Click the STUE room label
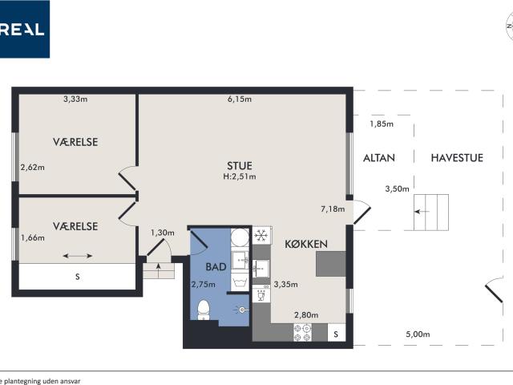240,166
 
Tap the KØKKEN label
306,244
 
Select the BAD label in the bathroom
216,267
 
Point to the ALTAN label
379,158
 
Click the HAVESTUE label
457,158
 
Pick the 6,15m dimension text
240,99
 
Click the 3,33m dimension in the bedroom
75,99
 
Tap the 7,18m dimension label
333,209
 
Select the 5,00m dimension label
418,334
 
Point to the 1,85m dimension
382,124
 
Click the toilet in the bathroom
204,310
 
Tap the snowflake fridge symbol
261,235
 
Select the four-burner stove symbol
303,333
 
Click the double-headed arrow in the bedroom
78,256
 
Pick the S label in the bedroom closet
78,277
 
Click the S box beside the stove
337,333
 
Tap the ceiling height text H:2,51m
240,176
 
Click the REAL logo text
22,30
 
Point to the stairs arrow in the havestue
422,212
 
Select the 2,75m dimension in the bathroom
204,285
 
